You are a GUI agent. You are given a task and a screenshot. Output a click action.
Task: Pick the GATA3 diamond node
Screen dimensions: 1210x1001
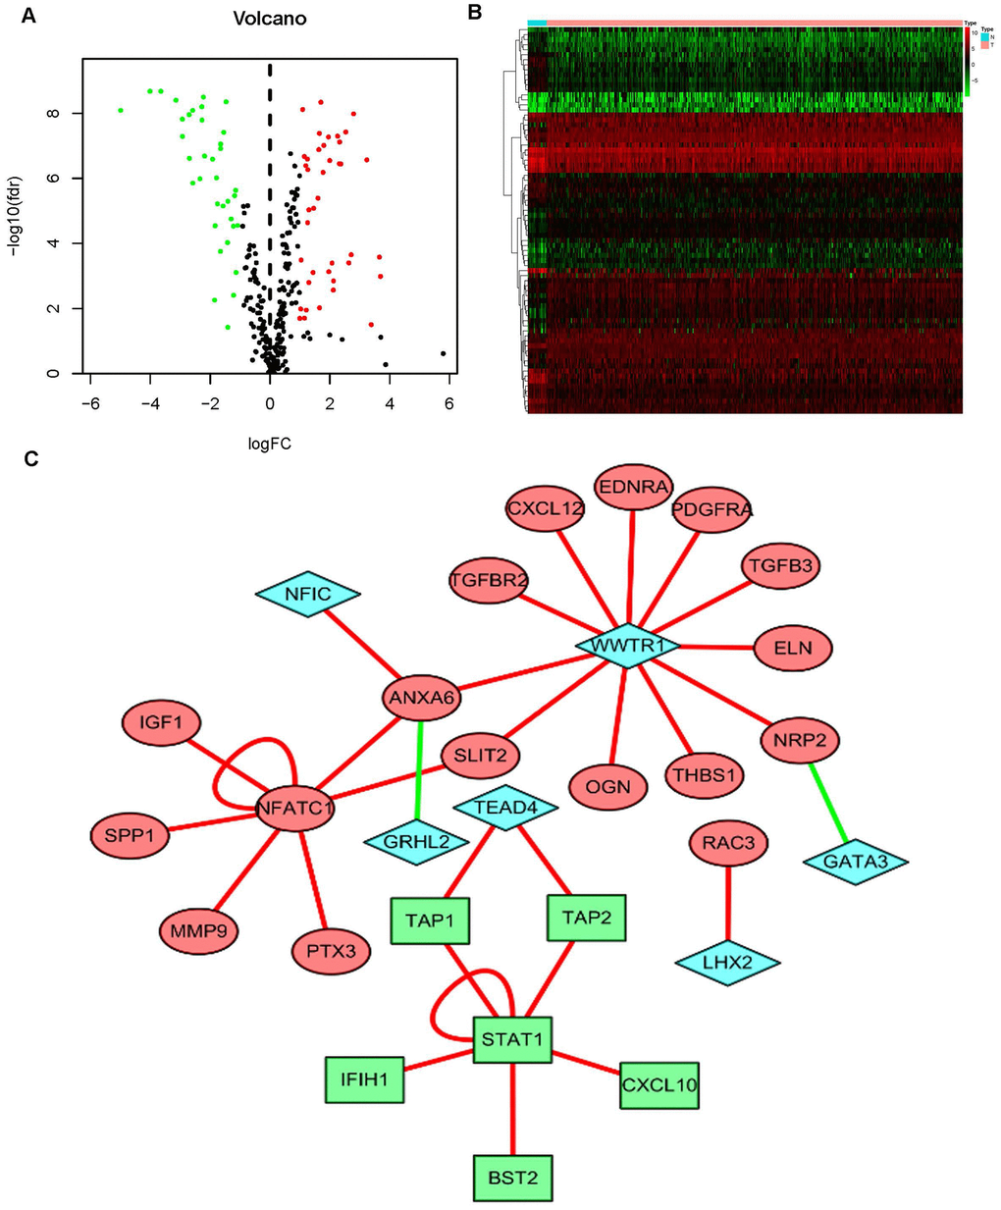coord(855,862)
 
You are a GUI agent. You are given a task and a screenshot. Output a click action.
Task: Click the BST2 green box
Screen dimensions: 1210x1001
coord(512,1177)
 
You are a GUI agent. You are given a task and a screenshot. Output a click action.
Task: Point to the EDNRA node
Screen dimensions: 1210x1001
coord(634,487)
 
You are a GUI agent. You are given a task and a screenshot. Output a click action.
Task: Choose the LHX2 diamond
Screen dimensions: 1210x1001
coord(727,963)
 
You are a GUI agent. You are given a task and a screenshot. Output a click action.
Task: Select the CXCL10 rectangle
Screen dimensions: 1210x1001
coord(659,1085)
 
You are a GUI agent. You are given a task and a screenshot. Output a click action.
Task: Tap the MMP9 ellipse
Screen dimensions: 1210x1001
coord(199,929)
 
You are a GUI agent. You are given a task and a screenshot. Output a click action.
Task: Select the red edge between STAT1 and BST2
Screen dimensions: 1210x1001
coord(512,1107)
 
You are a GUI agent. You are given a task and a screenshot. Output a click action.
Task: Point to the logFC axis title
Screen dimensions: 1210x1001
coord(270,444)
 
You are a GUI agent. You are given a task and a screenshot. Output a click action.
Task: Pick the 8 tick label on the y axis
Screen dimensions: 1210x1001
coord(52,113)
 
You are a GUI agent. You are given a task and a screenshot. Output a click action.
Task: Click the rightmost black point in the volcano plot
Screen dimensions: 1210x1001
coord(444,353)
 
